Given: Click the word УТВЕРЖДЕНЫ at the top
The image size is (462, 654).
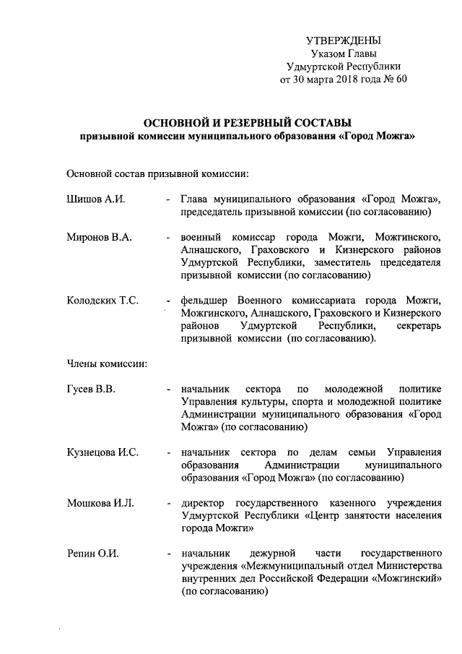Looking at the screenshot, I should pyautogui.click(x=344, y=40).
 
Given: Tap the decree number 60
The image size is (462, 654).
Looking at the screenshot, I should pyautogui.click(x=401, y=79).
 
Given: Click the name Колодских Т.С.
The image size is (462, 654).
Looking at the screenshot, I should pyautogui.click(x=103, y=300).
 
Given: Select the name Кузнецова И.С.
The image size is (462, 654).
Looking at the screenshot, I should pyautogui.click(x=103, y=452).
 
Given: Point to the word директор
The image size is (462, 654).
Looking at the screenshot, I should pyautogui.click(x=204, y=502).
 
